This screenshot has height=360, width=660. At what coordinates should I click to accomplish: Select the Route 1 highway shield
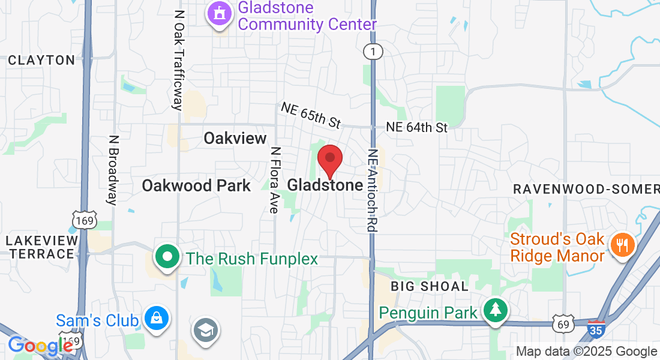[x=373, y=52]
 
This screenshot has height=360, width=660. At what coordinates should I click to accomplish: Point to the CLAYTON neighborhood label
[x=41, y=60]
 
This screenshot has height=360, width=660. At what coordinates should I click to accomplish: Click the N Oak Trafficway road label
[x=178, y=60]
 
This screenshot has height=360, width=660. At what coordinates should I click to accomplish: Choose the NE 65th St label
[x=311, y=115]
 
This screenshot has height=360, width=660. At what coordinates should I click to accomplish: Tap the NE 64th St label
[x=417, y=127]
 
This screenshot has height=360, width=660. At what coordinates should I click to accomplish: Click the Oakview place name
[x=235, y=139]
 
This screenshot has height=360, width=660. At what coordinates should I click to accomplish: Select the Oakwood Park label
[x=196, y=185]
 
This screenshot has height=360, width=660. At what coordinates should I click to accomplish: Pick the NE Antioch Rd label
[x=373, y=190]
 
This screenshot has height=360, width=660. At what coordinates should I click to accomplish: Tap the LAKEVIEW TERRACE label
[x=42, y=247]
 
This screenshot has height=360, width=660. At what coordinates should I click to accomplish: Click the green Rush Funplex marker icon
[x=168, y=257]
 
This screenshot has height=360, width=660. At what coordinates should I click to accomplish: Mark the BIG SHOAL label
[x=430, y=286]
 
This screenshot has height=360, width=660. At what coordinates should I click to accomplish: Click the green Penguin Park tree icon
[x=495, y=311]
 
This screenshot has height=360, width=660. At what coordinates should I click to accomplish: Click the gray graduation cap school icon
[x=206, y=329]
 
